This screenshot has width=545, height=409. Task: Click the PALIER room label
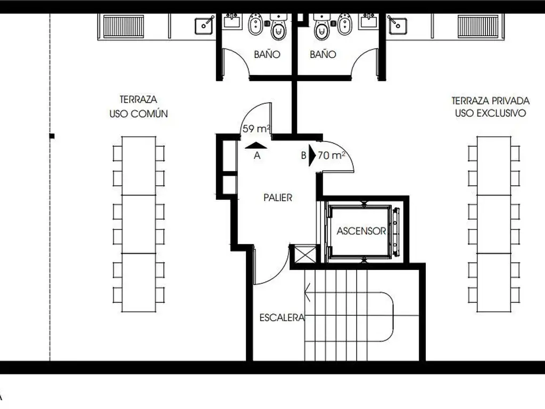tap(278, 198)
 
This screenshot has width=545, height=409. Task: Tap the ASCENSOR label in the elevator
tap(361, 231)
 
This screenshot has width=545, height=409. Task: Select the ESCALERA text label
tap(282, 317)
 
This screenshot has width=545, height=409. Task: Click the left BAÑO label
tap(267, 54)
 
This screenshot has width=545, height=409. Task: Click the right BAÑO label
tap(323, 54)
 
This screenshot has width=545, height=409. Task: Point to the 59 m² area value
tap(257, 129)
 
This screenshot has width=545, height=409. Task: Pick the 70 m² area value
tap(332, 155)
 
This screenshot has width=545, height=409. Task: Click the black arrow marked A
tap(256, 146)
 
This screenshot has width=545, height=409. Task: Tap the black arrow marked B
tap(312, 156)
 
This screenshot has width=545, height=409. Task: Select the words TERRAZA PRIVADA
tap(490, 101)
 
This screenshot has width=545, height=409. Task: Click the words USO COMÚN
tap(139, 114)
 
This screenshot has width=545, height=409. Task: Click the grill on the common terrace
tap(123, 26)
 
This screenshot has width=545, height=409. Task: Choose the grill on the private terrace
tap(478, 26)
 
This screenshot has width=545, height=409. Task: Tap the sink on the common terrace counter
tap(204, 25)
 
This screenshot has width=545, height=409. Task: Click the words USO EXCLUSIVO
tap(490, 113)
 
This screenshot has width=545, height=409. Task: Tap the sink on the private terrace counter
tap(397, 25)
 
